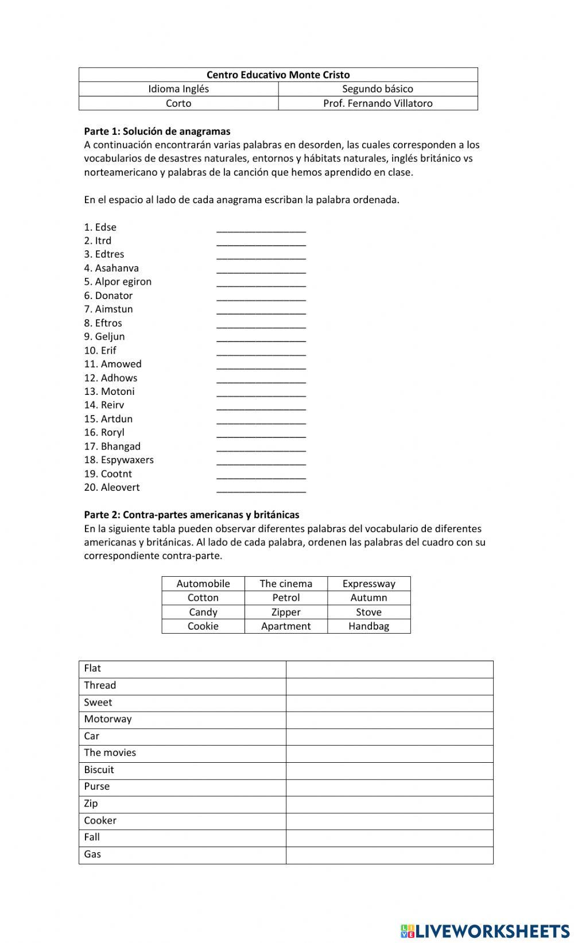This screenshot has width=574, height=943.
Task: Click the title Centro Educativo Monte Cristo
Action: tap(278, 75)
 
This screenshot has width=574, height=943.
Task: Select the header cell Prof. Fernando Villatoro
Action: tap(378, 103)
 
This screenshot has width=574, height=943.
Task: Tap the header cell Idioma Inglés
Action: tap(179, 89)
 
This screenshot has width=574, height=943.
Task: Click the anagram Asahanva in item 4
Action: tap(117, 268)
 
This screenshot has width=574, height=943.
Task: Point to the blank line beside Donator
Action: tap(261, 296)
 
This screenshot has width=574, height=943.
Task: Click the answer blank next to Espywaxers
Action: tap(261, 460)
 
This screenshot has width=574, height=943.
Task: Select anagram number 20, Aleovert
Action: tap(120, 487)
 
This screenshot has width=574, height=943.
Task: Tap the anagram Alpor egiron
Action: tap(123, 282)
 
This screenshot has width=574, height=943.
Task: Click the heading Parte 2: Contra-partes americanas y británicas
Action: tap(192, 515)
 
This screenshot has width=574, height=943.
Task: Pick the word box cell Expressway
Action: tap(369, 584)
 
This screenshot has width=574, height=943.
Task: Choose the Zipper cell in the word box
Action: tap(286, 612)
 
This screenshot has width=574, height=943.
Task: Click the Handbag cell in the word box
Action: tap(369, 626)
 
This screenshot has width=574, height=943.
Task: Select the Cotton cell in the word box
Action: tap(203, 597)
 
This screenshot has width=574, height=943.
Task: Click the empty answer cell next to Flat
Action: tap(389, 669)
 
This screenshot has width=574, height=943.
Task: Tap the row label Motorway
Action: tap(108, 719)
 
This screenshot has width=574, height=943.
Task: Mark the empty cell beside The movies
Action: tap(389, 753)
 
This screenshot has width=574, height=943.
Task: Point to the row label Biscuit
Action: tap(99, 770)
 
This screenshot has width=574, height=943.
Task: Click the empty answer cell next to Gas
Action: tap(389, 855)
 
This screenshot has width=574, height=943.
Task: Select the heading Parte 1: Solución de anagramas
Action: tap(157, 131)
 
